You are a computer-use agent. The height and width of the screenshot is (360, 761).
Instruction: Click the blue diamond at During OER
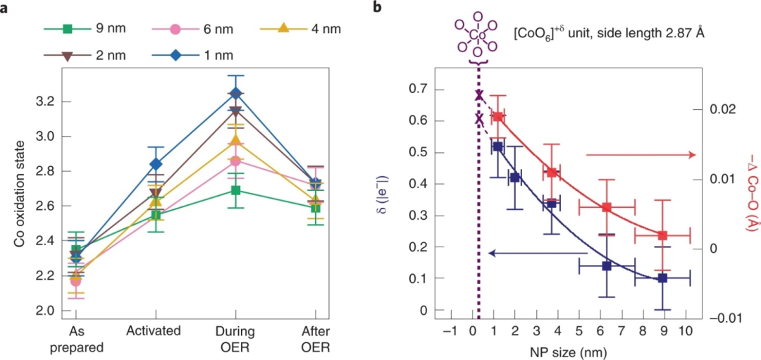(x=236, y=93)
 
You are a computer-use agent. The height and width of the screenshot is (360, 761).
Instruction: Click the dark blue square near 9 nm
(x=662, y=278)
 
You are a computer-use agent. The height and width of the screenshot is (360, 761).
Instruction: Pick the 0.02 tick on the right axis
(x=725, y=110)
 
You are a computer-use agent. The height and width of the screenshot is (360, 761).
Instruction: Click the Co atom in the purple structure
(x=478, y=33)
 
